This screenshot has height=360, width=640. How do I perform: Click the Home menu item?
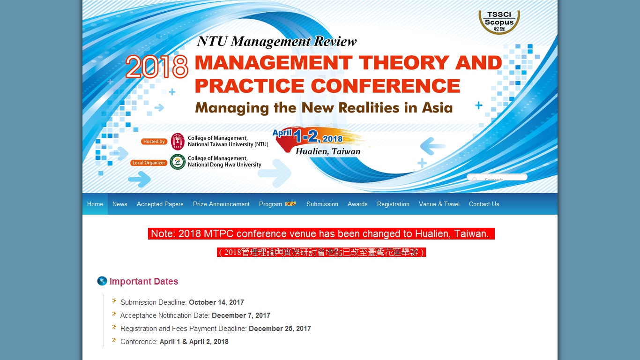point(95,204)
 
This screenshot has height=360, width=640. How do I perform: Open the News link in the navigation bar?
point(120,204)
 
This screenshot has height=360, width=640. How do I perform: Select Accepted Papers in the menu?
point(160,204)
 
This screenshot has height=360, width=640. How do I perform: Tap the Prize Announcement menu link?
point(221,204)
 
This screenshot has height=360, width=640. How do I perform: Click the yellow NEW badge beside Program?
point(290,203)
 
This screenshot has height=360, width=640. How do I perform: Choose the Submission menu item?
point(322,204)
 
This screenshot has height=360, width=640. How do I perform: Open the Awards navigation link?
point(357,204)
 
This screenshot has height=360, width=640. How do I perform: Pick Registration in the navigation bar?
point(393,204)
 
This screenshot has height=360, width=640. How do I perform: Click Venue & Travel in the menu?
point(439,204)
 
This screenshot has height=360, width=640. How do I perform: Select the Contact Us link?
point(484,204)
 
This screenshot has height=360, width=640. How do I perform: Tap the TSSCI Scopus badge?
point(499,22)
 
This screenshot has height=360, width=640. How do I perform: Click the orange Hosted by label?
point(154,142)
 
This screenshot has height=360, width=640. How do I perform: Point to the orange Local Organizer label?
point(149,163)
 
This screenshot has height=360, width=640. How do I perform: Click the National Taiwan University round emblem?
point(178,142)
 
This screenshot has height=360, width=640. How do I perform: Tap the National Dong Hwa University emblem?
point(178,162)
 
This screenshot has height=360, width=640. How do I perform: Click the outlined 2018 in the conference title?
point(157,67)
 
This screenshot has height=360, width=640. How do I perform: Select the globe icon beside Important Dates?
point(102,281)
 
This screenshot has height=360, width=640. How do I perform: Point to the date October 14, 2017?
point(216,302)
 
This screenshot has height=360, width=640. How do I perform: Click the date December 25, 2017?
point(280,329)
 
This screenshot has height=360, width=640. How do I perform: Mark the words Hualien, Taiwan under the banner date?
point(328,151)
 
